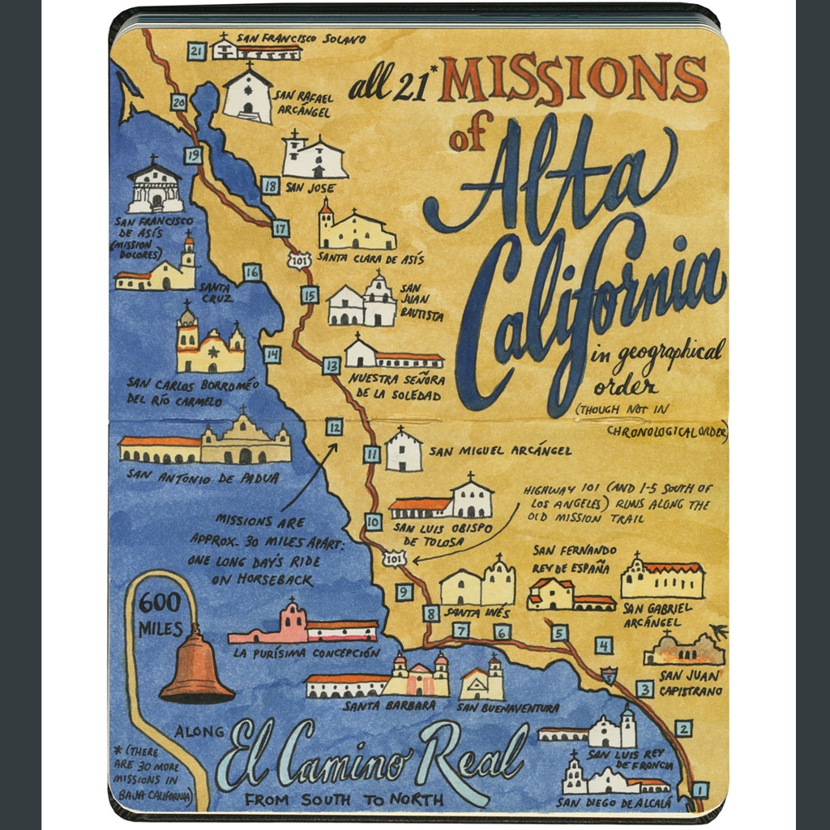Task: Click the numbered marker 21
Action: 195,51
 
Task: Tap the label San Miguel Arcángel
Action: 499,451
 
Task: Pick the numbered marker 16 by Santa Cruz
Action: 252,272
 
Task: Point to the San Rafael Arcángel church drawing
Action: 248,96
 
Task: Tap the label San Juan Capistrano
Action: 691,682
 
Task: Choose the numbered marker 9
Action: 404,593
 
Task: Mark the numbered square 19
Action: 192,155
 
